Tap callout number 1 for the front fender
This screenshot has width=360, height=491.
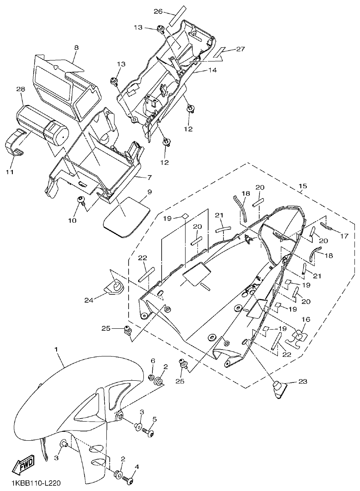click(56, 349)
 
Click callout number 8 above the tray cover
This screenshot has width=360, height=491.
click(76, 48)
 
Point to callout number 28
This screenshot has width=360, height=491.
click(20, 89)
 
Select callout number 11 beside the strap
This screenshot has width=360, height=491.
click(9, 172)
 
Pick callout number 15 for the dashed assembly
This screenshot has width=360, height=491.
click(303, 187)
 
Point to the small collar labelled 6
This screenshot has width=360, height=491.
click(151, 378)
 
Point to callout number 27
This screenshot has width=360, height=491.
click(240, 49)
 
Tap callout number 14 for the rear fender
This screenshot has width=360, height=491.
click(212, 70)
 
